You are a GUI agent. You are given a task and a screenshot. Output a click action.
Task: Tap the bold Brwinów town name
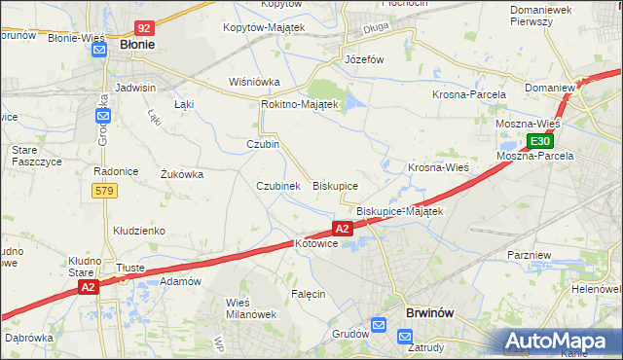428,313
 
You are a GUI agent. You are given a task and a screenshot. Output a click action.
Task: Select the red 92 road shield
144,29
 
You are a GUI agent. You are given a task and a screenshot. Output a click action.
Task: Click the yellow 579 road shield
105,192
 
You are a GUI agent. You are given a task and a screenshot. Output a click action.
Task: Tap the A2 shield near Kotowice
342,229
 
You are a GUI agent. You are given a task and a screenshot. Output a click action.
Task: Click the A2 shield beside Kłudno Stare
89,287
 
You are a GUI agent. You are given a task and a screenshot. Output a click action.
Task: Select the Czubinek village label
277,185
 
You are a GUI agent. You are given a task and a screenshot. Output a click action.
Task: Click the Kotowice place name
315,244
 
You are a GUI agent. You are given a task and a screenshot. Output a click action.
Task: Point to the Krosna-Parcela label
469,94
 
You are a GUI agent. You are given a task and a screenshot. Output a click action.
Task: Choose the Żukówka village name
181,175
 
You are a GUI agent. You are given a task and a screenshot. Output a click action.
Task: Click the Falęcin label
308,293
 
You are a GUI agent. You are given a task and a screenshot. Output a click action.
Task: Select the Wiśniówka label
254,82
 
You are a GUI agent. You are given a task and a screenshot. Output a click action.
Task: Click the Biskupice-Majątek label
400,211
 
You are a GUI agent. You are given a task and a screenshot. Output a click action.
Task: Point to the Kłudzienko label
139,231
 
